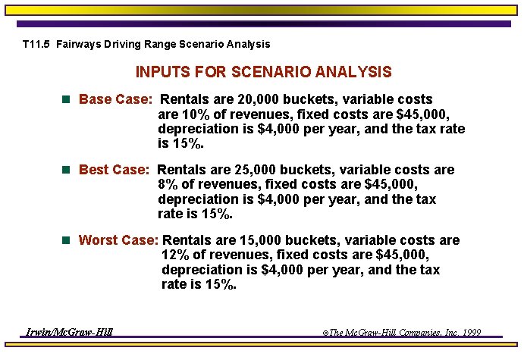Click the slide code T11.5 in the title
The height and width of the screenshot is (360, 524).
pyautogui.click(x=36, y=45)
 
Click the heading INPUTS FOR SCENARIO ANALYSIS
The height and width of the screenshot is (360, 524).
pyautogui.click(x=263, y=73)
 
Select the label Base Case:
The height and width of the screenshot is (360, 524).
pyautogui.click(x=116, y=99)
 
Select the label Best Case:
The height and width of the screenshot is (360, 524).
pyautogui.click(x=115, y=170)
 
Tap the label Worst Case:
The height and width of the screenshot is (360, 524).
pyautogui.click(x=118, y=240)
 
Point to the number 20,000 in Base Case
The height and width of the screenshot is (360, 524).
pyautogui.click(x=256, y=99)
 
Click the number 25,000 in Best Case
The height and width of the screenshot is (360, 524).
pyautogui.click(x=252, y=170)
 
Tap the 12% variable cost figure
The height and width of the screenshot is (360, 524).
pyautogui.click(x=176, y=255)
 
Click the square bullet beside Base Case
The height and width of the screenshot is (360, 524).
pyautogui.click(x=66, y=99)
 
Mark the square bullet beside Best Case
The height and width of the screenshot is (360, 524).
pyautogui.click(x=66, y=170)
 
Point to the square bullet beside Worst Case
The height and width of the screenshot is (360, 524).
pyautogui.click(x=66, y=240)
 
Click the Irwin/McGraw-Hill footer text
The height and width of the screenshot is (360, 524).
pyautogui.click(x=69, y=332)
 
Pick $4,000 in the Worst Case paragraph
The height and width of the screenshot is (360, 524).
pyautogui.click(x=281, y=271)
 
